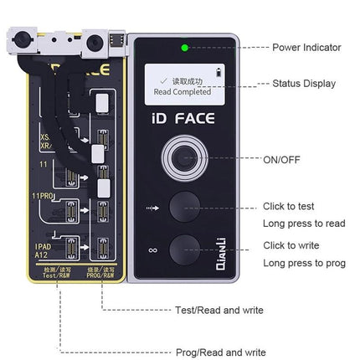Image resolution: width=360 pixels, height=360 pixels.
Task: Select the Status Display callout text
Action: pyautogui.click(x=304, y=85)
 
